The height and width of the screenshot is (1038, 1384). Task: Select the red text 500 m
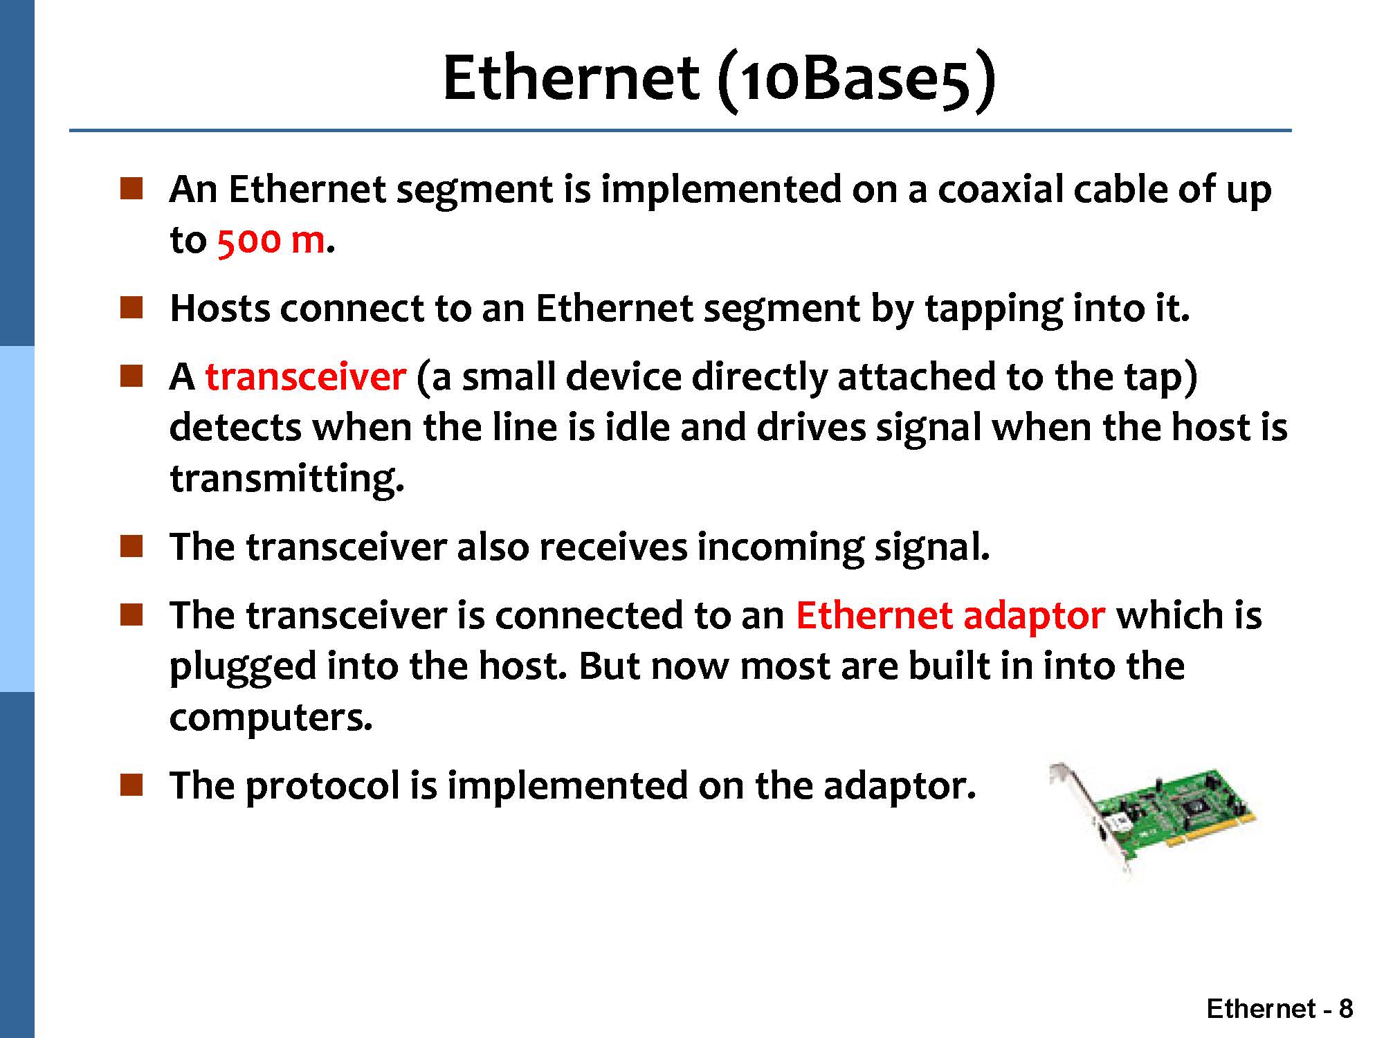(271, 240)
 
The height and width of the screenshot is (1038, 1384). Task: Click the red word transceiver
(305, 376)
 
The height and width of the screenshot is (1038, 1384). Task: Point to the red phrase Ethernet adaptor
(950, 616)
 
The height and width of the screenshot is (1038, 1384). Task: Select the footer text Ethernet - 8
(1280, 1009)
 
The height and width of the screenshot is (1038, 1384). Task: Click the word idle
(637, 427)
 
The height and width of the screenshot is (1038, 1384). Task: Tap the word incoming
(781, 548)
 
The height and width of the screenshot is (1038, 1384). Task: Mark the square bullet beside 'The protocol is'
(131, 785)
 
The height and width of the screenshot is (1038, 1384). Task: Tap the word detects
(235, 427)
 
